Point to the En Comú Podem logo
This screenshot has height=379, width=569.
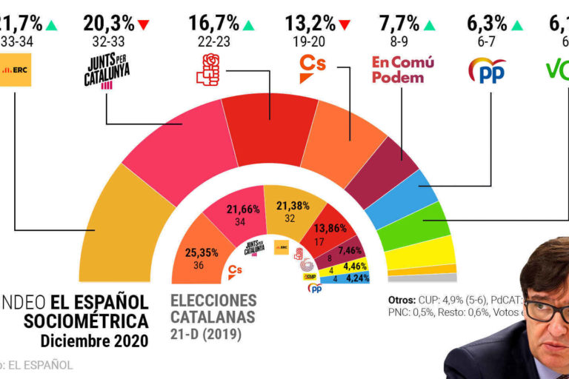point(402,70)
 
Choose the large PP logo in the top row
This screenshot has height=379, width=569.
point(488,70)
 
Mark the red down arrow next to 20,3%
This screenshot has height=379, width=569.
point(143,25)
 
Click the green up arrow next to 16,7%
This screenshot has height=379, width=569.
point(248,25)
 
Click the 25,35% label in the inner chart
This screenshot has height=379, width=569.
point(202,252)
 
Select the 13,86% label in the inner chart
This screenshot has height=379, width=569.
point(330,228)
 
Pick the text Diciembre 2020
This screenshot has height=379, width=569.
point(94,341)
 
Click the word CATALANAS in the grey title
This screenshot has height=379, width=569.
point(213,318)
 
